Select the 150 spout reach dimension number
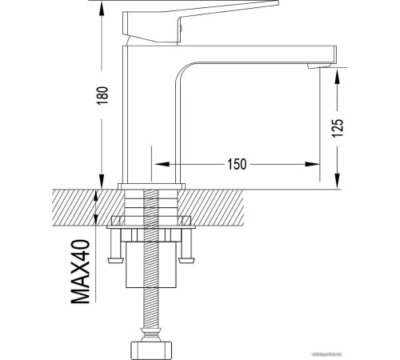click(x=237, y=164)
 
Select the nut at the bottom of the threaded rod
click(x=150, y=349)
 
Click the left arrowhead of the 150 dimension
click(x=157, y=164)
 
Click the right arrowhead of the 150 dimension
click(x=316, y=164)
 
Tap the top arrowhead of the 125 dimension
click(x=337, y=74)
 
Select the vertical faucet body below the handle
click(x=136, y=112)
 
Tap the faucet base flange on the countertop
click(x=150, y=187)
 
